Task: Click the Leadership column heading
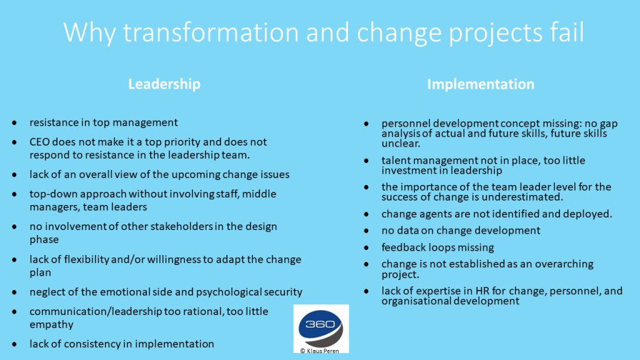164,84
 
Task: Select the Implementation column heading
481,84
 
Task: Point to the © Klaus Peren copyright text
319,351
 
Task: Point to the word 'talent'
394,161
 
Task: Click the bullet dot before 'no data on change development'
366,231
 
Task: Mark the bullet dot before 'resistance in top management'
15,123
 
